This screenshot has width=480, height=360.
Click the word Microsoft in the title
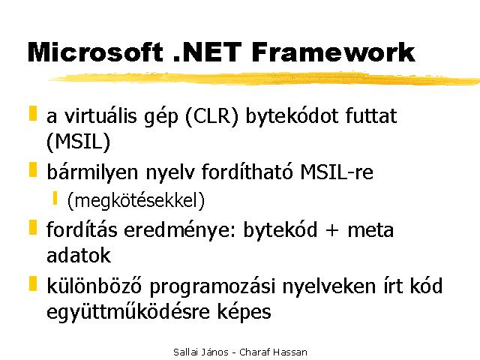(x=95, y=52)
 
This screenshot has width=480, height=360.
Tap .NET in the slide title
(x=207, y=52)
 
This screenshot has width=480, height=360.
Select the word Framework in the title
(x=333, y=52)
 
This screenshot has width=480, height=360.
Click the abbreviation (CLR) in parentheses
(x=211, y=117)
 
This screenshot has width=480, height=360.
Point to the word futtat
(x=371, y=116)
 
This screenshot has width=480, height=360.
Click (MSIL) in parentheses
(x=78, y=142)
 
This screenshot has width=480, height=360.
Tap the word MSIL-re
(x=337, y=172)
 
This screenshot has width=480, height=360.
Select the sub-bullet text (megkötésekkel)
(x=136, y=200)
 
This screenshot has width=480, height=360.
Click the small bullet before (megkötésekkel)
(x=55, y=198)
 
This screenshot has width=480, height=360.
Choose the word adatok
(x=78, y=255)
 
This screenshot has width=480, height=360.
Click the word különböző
(x=94, y=286)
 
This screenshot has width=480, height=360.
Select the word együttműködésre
(x=127, y=312)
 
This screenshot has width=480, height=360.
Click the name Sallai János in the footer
(x=201, y=352)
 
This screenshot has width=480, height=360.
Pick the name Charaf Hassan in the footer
(x=273, y=352)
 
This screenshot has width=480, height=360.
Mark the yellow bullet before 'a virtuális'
(x=33, y=113)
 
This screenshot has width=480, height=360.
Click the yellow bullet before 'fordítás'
(x=33, y=227)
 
